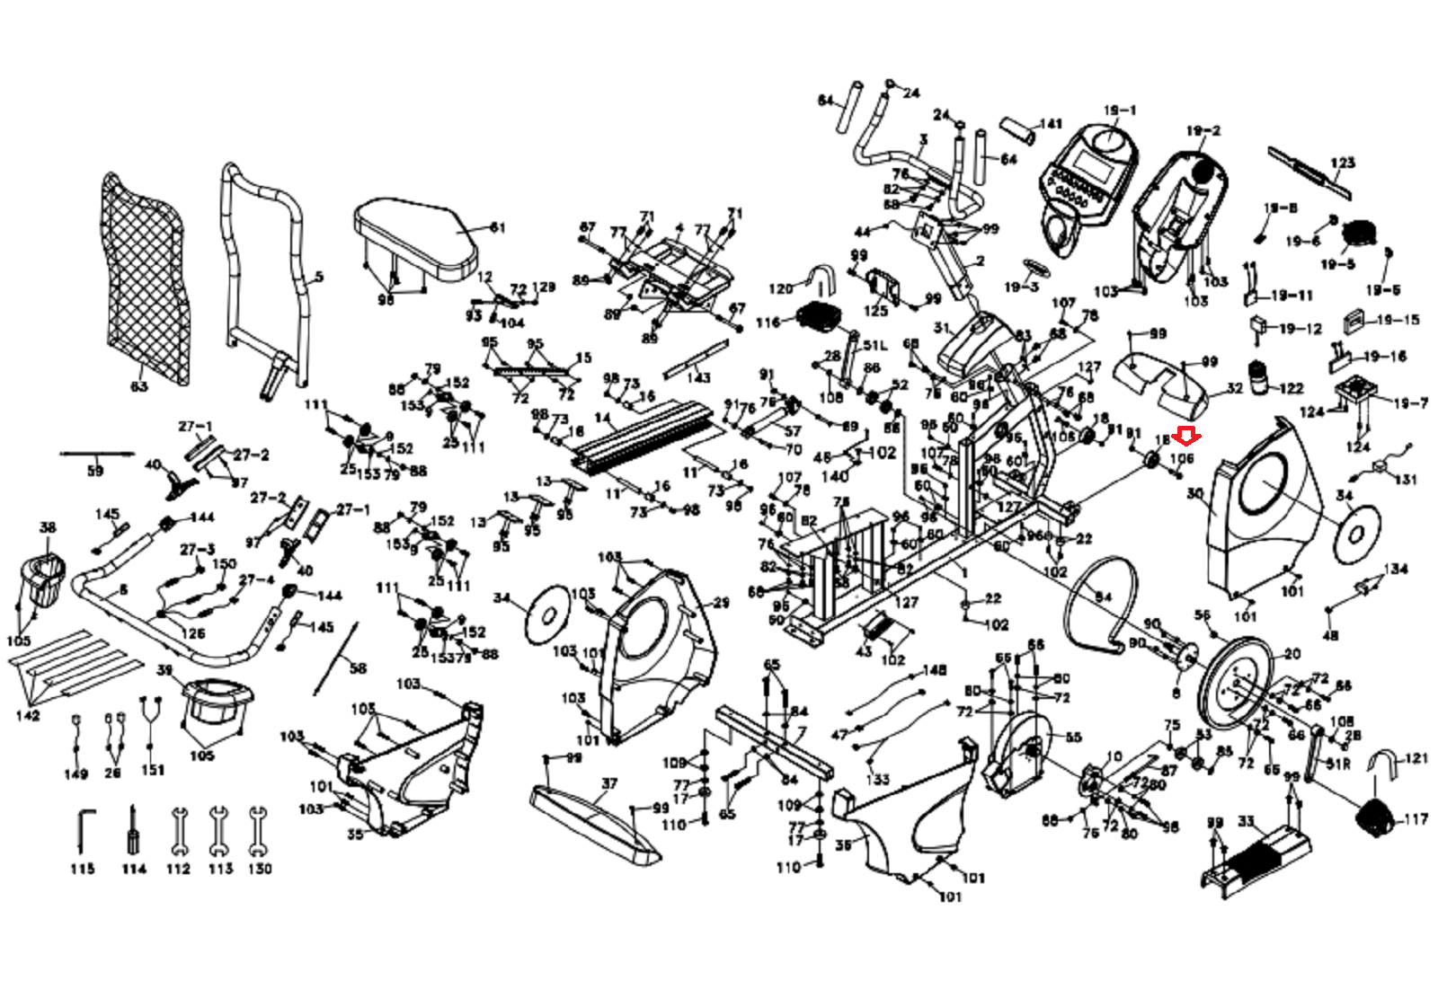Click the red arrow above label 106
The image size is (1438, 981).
click(x=1188, y=437)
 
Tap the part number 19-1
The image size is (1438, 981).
click(x=1119, y=110)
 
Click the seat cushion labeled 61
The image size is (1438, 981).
click(x=417, y=238)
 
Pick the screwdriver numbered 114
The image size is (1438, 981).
click(x=134, y=831)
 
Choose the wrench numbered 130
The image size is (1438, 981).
click(x=259, y=831)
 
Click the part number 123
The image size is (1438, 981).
click(x=1342, y=163)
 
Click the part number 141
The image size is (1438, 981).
click(x=1050, y=124)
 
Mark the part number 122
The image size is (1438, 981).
click(x=1291, y=388)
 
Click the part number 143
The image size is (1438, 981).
click(x=698, y=377)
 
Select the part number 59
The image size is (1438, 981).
click(x=94, y=471)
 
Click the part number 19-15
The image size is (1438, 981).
click(x=1398, y=320)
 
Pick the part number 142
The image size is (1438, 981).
click(x=27, y=715)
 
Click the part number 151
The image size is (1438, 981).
click(x=153, y=769)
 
